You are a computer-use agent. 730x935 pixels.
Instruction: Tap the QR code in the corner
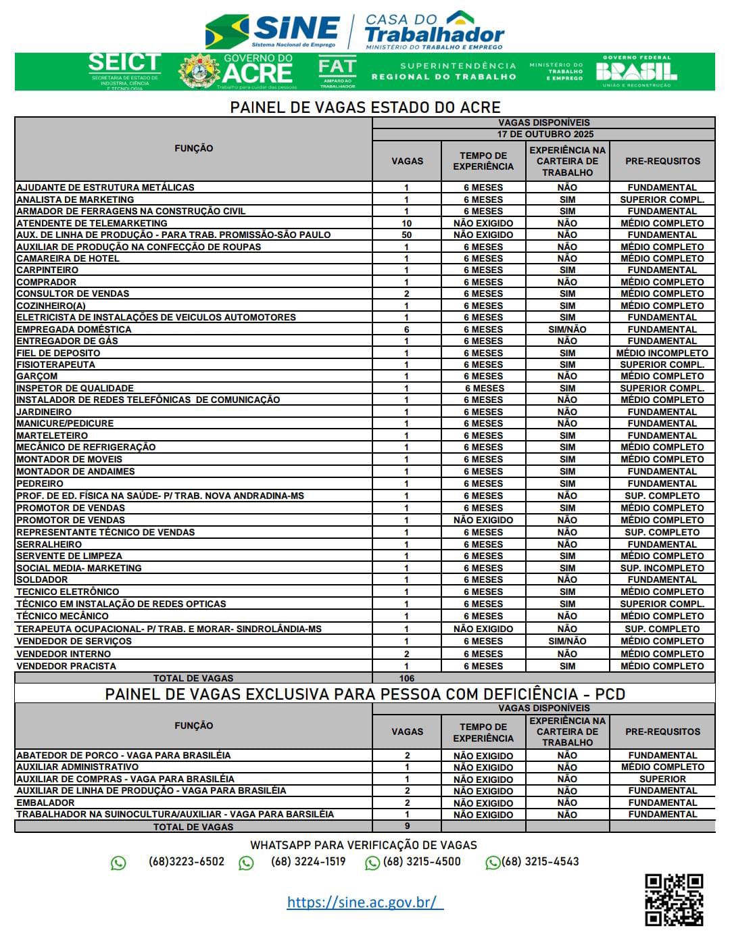pos(673,899)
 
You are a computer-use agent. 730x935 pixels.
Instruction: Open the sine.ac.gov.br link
pos(365,902)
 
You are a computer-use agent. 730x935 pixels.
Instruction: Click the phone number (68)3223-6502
pos(186,861)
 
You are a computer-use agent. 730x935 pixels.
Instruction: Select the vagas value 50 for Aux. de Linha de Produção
pos(406,235)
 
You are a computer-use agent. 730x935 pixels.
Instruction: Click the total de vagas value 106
pos(406,678)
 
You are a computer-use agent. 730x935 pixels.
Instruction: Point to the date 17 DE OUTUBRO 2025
pos(545,134)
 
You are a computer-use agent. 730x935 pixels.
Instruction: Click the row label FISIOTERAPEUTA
pos(56,364)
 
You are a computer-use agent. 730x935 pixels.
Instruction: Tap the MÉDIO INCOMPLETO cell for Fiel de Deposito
pos(662,353)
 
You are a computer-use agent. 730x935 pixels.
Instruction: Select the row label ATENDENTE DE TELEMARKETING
pos(92,223)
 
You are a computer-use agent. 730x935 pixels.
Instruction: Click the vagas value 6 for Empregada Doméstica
pos(406,329)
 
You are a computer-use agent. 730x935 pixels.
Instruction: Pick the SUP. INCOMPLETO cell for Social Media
pos(662,568)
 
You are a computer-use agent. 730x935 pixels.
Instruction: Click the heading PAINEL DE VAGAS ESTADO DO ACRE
pos(365,107)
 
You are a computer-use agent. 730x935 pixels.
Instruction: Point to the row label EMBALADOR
pos(46,802)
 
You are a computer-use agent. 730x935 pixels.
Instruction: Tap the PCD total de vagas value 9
pos(406,825)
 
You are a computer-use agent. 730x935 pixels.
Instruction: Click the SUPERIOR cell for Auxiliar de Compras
pos(662,779)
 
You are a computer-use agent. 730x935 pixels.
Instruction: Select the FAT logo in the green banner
pos(337,72)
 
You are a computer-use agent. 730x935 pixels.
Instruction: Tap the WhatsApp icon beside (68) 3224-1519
pos(246,863)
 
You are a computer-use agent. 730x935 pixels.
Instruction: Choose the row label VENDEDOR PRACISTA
pos(66,666)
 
